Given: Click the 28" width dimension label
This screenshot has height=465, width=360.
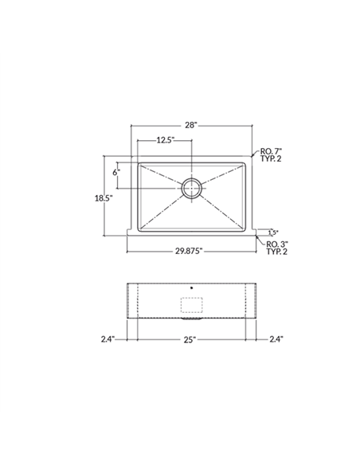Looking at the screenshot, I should (190, 126).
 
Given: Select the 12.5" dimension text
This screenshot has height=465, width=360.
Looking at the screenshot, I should (165, 140).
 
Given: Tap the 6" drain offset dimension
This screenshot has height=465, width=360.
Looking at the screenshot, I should (116, 172).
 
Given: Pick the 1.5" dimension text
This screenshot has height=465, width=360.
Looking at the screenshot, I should (273, 232).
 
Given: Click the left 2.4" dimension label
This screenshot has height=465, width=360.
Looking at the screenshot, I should (108, 338).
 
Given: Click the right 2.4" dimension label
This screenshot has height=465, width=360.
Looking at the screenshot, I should (276, 338).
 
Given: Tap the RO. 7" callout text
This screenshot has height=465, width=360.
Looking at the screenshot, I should (272, 150).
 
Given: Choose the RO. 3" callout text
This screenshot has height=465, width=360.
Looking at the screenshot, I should (276, 243).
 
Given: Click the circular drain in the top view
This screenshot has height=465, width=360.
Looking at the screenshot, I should (192, 188).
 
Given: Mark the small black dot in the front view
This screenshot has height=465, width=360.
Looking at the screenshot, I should (192, 285).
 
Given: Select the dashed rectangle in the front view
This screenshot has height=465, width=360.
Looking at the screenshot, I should (192, 304).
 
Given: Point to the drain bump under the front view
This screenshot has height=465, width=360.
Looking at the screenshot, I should (191, 318).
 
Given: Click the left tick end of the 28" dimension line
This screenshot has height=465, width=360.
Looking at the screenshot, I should (131, 126).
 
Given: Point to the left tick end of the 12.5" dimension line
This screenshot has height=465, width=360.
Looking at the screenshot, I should (139, 140).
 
